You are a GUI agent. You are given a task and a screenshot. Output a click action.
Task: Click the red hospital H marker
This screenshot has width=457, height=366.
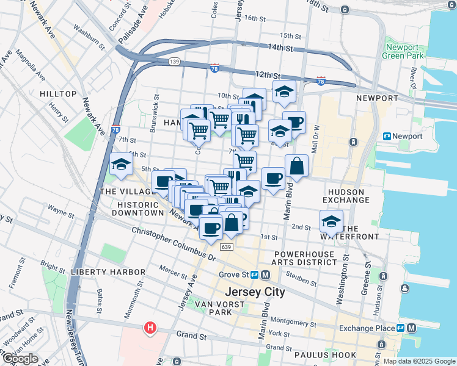tap(150, 329)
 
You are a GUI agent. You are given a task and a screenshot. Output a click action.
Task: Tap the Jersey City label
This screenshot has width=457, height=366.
tap(255, 292)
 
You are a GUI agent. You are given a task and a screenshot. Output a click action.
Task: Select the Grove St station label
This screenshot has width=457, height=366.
tap(233, 274)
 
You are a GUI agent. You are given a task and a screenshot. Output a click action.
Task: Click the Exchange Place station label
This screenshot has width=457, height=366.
tap(365, 328)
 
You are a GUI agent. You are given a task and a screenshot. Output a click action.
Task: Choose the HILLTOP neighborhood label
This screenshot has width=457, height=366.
tap(58, 94)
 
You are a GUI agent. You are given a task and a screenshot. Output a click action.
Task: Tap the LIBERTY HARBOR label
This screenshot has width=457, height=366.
tap(108, 271)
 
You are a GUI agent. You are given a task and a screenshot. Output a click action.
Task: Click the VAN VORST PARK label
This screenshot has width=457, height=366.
tap(213, 307)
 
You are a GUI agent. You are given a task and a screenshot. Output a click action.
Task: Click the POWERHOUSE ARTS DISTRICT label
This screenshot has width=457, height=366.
tap(305, 257)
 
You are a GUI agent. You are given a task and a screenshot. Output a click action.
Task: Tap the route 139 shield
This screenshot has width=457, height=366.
tap(175, 62)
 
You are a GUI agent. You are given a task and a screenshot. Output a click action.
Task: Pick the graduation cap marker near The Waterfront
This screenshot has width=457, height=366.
tap(331, 221)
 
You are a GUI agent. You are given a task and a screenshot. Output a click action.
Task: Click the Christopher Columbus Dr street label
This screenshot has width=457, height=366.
tap(174, 245)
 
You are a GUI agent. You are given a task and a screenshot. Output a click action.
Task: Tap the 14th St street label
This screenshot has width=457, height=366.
tap(280, 48)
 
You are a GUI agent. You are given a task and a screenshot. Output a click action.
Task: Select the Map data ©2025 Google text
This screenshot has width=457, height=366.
tap(419, 361)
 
